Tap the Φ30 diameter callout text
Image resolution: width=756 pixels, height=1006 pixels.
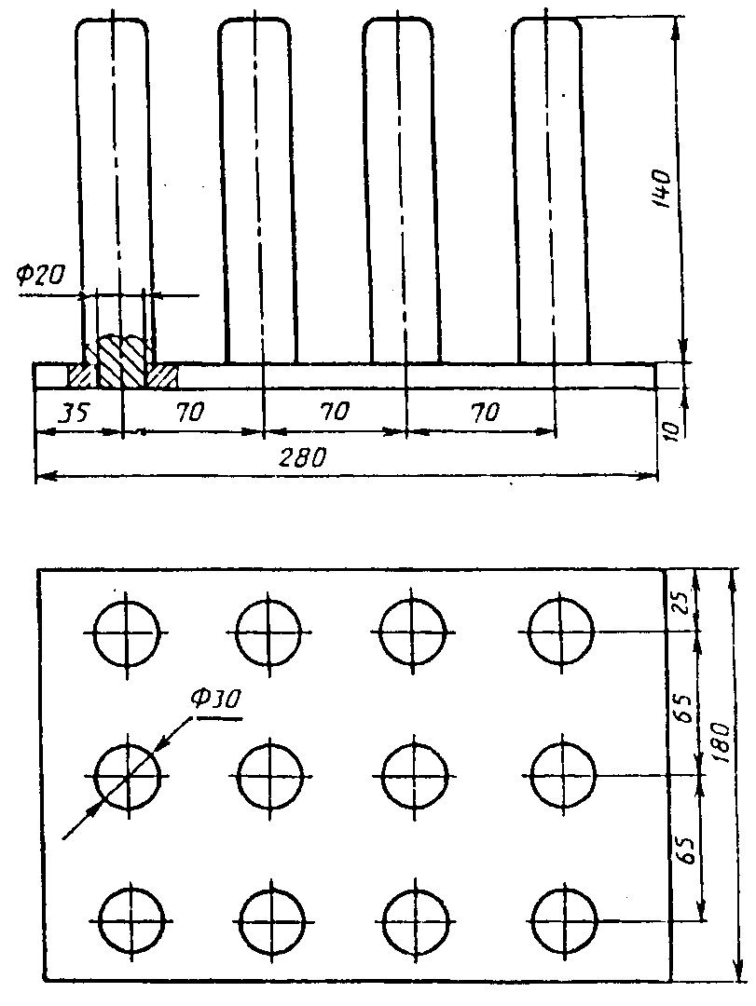click(216, 700)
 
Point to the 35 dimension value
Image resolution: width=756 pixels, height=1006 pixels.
click(74, 412)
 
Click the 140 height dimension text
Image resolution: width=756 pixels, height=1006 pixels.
click(660, 188)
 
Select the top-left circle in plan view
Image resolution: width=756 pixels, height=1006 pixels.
click(127, 632)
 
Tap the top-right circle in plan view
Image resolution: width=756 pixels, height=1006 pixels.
click(561, 632)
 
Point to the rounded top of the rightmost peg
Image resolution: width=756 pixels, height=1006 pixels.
click(547, 20)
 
